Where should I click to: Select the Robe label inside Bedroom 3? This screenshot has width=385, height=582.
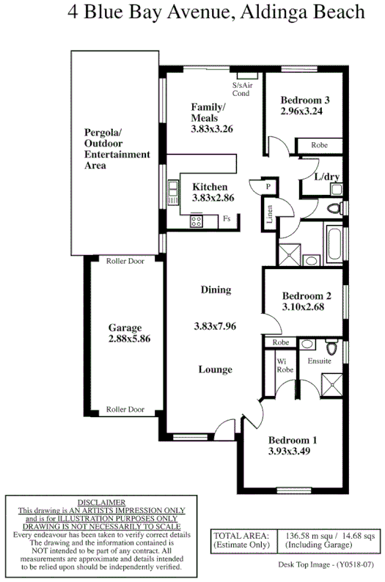pos(318,145)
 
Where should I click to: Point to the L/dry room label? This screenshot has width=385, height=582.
pos(326,177)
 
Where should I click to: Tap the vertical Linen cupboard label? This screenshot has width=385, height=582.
pos(270,214)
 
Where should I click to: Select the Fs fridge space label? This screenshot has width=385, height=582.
pos(227,218)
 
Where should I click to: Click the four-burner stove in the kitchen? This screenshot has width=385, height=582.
pos(197,219)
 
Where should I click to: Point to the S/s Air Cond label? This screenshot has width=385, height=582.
pos(242,89)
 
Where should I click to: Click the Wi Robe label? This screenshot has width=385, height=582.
pos(285,364)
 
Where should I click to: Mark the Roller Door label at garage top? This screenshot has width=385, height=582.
pos(125,261)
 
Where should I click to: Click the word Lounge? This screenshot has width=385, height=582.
pos(216,369)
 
